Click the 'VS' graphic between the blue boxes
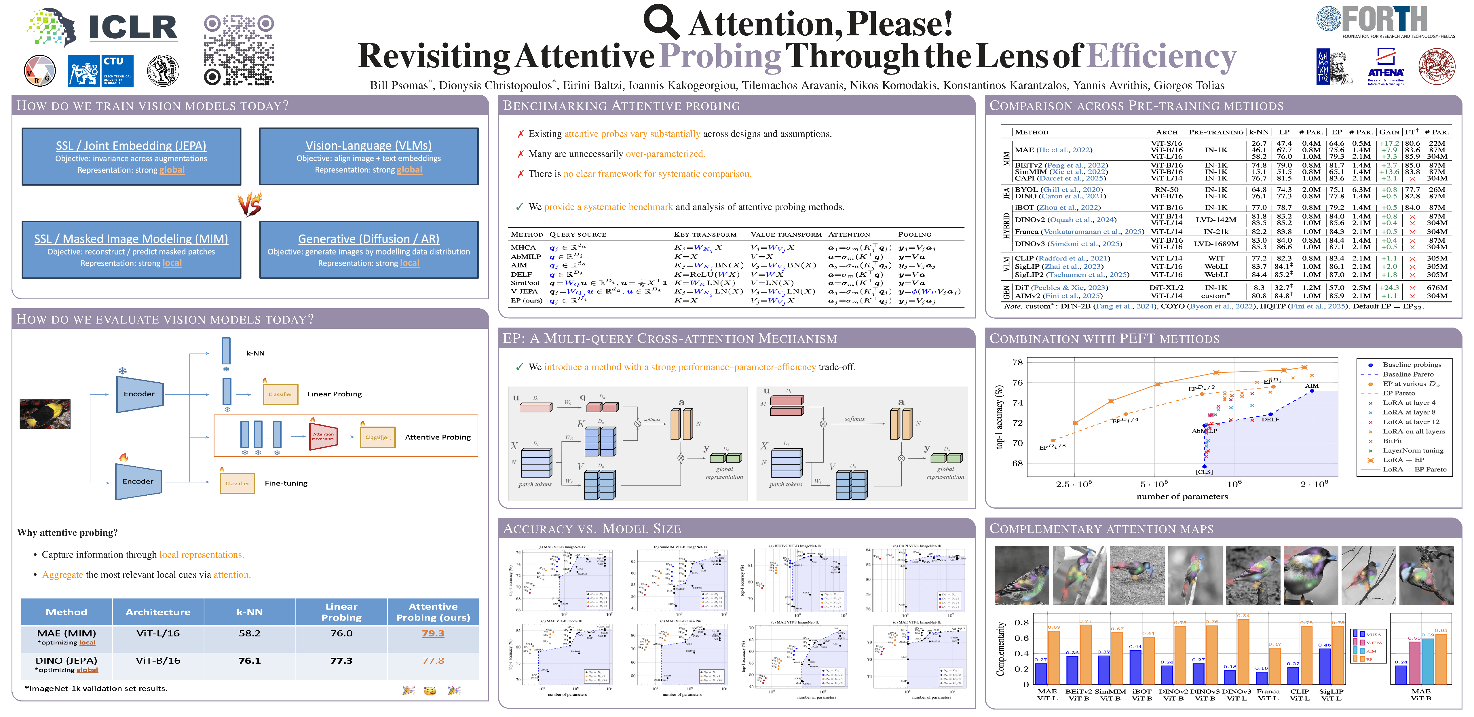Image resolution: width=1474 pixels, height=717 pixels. pyautogui.click(x=250, y=204)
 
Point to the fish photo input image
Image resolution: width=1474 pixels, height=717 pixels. pyautogui.click(x=45, y=414)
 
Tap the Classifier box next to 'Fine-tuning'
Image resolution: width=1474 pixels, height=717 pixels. pyautogui.click(x=237, y=484)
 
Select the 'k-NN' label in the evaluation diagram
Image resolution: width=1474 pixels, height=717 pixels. pyautogui.click(x=255, y=353)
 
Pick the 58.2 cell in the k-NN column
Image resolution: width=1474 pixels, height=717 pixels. pyautogui.click(x=250, y=634)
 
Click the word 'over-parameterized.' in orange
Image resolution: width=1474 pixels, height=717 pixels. pyautogui.click(x=666, y=154)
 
